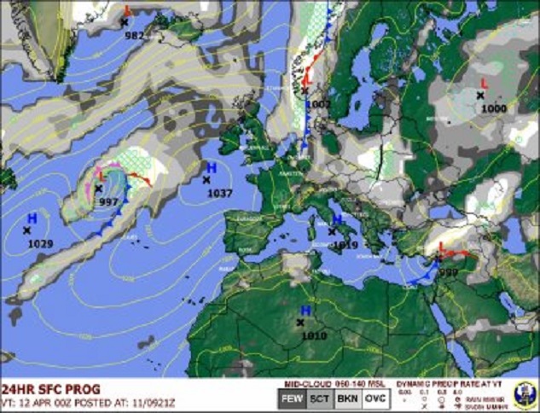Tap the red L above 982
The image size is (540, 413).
pyautogui.click(x=128, y=10)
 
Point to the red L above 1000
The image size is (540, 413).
pyautogui.click(x=485, y=83)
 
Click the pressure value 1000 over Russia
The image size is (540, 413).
pyautogui.click(x=493, y=108)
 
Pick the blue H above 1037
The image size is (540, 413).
pyautogui.click(x=212, y=167)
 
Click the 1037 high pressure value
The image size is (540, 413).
pyautogui.click(x=220, y=194)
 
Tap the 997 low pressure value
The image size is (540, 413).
pyautogui.click(x=108, y=201)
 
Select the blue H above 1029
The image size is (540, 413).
pyautogui.click(x=31, y=219)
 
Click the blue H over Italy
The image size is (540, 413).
pyautogui.click(x=336, y=220)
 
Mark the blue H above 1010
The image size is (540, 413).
pyautogui.click(x=305, y=311)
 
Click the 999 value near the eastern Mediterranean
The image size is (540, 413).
pyautogui.click(x=449, y=271)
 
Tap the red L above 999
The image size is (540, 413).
pyautogui.click(x=441, y=247)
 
